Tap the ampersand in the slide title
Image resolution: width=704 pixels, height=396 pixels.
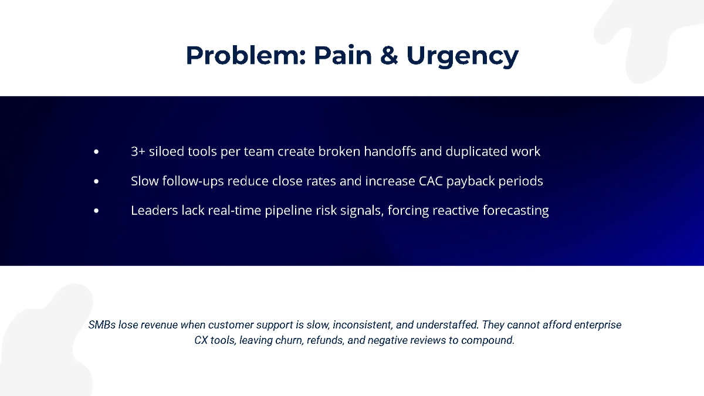coord(389,55)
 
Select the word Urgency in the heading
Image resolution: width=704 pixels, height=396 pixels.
coord(462,56)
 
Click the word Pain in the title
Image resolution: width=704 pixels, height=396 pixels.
coord(343,55)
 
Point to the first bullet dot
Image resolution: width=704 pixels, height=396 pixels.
coord(96,152)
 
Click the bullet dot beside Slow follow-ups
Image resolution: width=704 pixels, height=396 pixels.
coord(96,181)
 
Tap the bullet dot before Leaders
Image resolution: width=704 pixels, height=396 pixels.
coord(96,211)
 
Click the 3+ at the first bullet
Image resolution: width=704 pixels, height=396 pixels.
coord(138,151)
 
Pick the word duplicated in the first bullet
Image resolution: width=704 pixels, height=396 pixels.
coord(476,152)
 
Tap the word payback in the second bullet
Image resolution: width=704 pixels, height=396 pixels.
coord(471,182)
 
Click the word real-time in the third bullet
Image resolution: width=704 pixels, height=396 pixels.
coord(235,210)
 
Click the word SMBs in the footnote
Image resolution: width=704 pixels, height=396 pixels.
coord(102,324)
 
